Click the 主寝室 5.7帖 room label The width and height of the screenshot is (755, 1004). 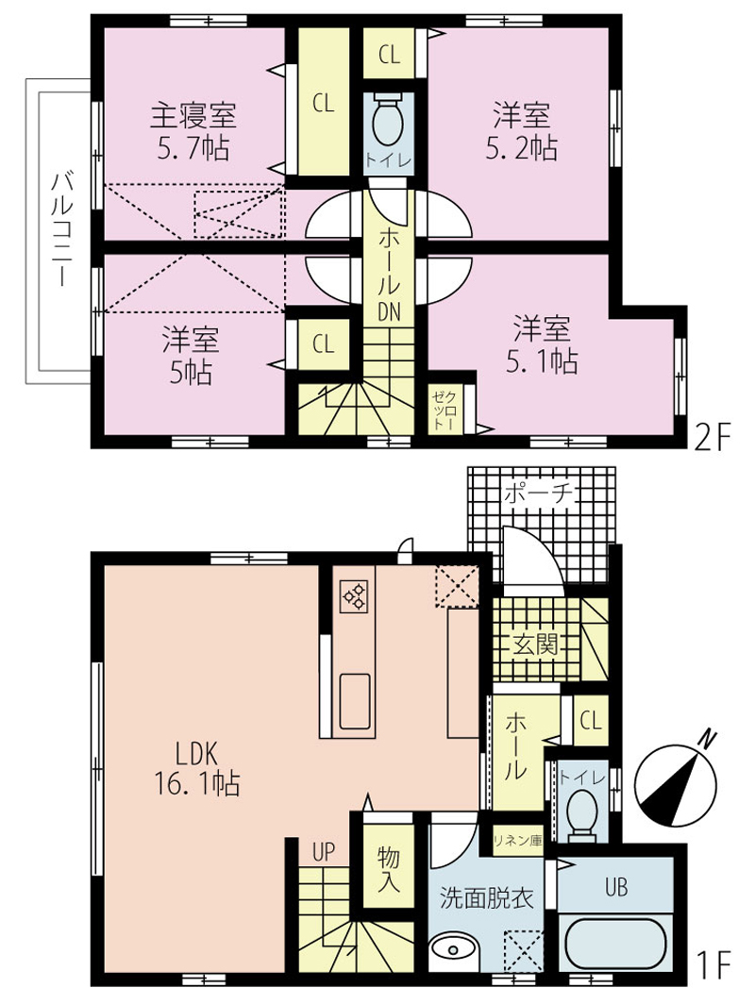click(x=193, y=132)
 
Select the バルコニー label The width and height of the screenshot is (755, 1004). click(x=62, y=229)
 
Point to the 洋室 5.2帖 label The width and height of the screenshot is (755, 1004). click(x=521, y=132)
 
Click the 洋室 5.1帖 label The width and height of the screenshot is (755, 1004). click(x=542, y=345)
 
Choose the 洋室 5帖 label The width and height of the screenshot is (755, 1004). click(x=191, y=356)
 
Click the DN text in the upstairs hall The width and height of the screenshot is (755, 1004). click(x=389, y=311)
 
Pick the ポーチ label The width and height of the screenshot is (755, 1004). click(x=538, y=494)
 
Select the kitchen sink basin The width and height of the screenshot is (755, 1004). click(x=354, y=701)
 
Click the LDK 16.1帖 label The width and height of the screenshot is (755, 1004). click(x=197, y=768)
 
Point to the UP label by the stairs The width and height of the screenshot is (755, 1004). click(x=324, y=852)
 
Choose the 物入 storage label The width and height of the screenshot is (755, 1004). click(x=389, y=870)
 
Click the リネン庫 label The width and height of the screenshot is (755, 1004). click(x=517, y=841)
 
